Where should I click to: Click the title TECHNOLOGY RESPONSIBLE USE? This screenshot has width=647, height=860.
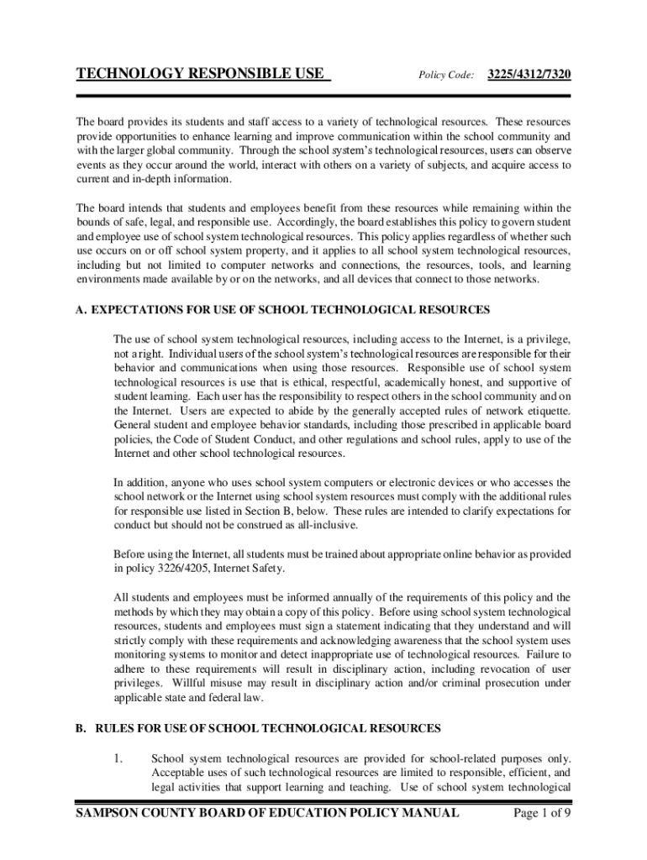tap(200, 74)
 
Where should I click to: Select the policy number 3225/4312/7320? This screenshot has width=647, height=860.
tap(530, 75)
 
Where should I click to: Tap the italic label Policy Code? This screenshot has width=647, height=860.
tap(446, 75)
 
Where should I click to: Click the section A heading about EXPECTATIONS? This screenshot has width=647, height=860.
tap(282, 310)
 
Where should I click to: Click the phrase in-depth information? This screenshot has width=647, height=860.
tap(176, 180)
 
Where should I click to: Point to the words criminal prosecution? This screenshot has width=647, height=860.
tap(502, 684)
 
